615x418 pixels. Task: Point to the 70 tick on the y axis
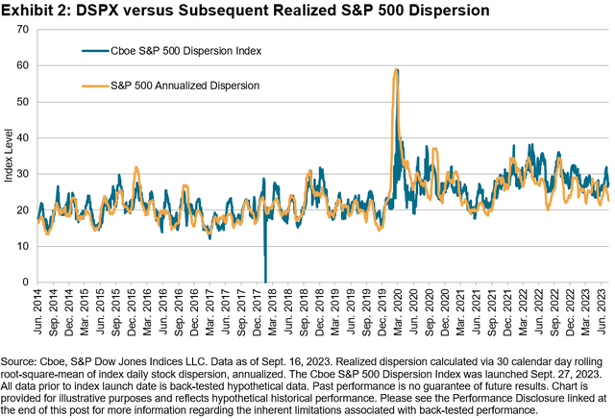(23, 30)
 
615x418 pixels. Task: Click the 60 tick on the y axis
(23, 65)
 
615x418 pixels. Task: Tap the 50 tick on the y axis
(23, 102)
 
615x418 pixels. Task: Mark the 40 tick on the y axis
(23, 137)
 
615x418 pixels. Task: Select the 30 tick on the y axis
(23, 174)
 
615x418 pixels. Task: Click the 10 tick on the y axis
(23, 246)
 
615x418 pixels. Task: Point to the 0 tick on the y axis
(26, 282)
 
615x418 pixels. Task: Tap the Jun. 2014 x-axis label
(39, 306)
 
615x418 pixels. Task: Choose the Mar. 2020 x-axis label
(396, 306)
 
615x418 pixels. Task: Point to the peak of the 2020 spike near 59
(396, 69)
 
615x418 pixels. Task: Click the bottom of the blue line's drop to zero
(265, 281)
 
